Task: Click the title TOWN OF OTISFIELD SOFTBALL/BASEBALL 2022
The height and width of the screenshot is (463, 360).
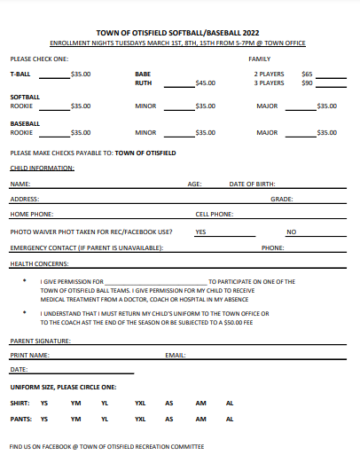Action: [x=180, y=32]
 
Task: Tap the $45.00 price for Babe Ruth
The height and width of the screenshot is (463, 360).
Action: [x=205, y=82]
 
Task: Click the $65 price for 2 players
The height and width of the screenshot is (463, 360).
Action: [x=307, y=74]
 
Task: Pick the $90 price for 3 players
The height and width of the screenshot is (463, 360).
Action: [x=307, y=82]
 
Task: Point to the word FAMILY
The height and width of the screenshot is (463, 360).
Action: [x=259, y=59]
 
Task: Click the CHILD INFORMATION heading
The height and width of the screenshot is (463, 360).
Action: [x=42, y=168]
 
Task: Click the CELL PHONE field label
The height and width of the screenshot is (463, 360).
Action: [x=215, y=215]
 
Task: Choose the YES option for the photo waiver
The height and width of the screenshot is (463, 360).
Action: [x=200, y=231]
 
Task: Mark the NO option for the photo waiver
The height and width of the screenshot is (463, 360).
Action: [x=291, y=231]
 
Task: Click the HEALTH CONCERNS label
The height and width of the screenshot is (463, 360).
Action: [x=39, y=263]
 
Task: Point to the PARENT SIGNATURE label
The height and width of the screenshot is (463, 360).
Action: [x=40, y=341]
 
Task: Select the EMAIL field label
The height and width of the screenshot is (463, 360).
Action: [x=176, y=356]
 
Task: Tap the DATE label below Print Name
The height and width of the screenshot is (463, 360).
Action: [x=19, y=369]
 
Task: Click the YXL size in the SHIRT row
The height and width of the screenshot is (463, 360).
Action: [x=140, y=403]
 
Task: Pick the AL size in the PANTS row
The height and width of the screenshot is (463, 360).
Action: [x=230, y=419]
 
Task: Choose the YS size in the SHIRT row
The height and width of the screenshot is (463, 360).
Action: [x=44, y=403]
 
